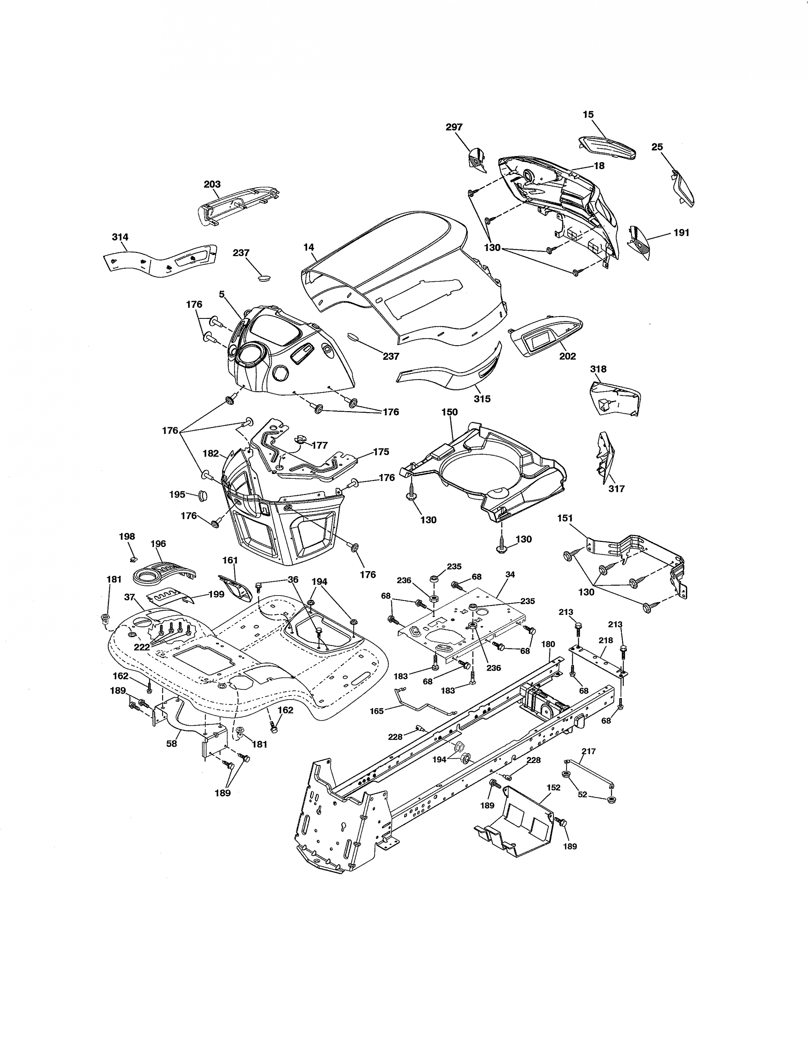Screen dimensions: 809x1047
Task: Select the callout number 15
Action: (x=588, y=115)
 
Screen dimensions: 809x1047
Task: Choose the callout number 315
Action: (x=482, y=398)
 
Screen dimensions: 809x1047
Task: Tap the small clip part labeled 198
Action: (x=133, y=559)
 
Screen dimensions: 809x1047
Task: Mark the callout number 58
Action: (x=171, y=744)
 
